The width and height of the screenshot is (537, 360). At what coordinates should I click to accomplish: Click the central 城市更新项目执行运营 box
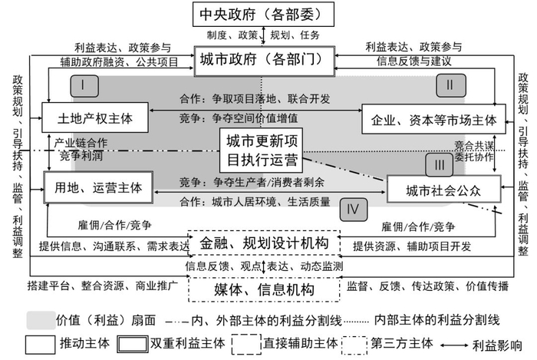coord(260,150)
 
